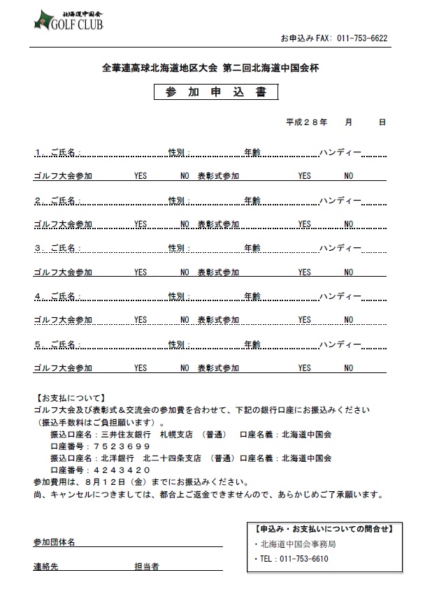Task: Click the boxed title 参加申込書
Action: pyautogui.click(x=217, y=93)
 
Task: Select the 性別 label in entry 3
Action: pyautogui.click(x=178, y=248)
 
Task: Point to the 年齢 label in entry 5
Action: pyautogui.click(x=252, y=344)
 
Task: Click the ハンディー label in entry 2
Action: pyautogui.click(x=340, y=201)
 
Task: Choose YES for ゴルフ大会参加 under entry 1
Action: pyautogui.click(x=141, y=176)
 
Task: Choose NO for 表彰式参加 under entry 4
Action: pyautogui.click(x=348, y=320)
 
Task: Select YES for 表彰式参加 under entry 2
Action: pyautogui.click(x=304, y=224)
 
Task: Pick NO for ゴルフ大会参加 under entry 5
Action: pyautogui.click(x=185, y=368)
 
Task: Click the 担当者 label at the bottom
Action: pyautogui.click(x=147, y=567)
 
